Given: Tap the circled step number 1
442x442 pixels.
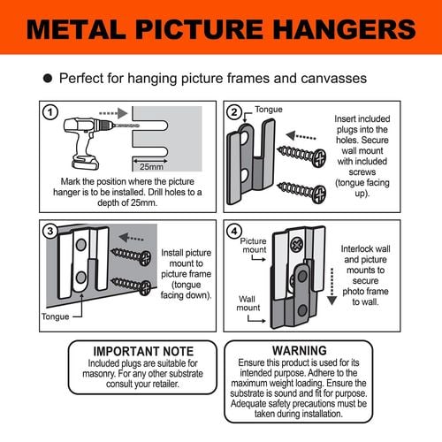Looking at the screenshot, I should [x=51, y=114].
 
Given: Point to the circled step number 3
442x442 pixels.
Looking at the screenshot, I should [x=51, y=232].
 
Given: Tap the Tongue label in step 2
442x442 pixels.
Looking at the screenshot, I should [x=270, y=110].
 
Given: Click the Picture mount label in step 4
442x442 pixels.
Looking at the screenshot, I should [x=254, y=245].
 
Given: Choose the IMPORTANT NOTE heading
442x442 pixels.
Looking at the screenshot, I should [x=142, y=351].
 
